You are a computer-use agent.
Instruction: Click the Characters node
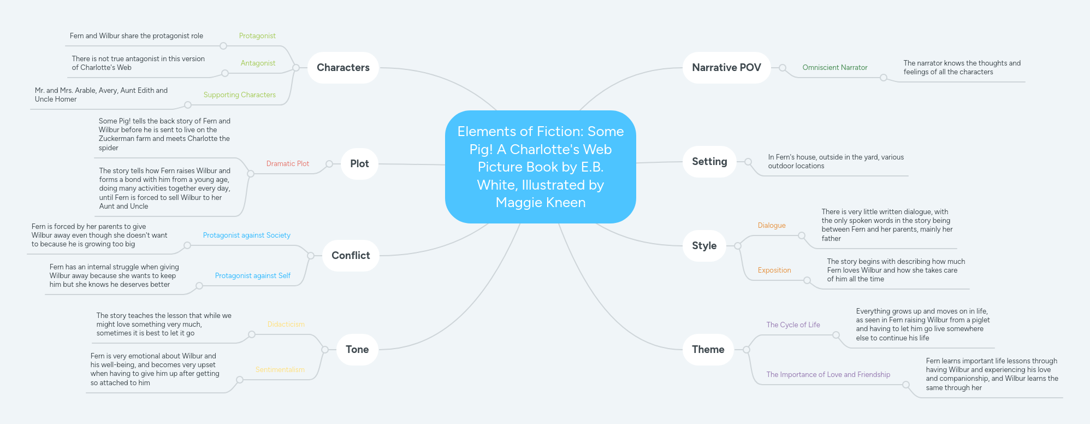click(x=343, y=68)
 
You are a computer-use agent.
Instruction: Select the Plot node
click(x=359, y=164)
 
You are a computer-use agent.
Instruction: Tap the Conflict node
click(x=351, y=256)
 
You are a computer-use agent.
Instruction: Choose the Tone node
click(x=357, y=350)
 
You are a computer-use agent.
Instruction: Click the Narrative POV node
click(x=726, y=68)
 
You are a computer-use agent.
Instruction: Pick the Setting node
click(x=709, y=162)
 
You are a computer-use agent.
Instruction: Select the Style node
click(x=704, y=246)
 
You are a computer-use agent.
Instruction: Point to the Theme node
click(x=708, y=350)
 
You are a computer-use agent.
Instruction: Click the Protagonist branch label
click(x=257, y=36)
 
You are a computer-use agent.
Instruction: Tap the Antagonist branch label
click(x=258, y=63)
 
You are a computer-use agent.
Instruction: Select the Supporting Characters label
click(x=239, y=95)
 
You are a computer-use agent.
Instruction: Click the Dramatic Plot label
click(x=287, y=164)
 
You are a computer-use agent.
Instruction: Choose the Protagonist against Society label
click(x=246, y=235)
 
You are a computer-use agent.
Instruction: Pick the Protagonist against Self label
click(x=252, y=276)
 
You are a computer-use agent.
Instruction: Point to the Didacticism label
click(x=286, y=325)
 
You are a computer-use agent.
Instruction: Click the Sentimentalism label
click(x=280, y=370)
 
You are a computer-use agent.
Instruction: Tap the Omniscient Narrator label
click(x=834, y=68)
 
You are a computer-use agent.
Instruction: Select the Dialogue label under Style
click(x=771, y=226)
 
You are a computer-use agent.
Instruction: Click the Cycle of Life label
click(x=793, y=325)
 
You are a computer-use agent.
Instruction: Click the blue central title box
click(x=540, y=167)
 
